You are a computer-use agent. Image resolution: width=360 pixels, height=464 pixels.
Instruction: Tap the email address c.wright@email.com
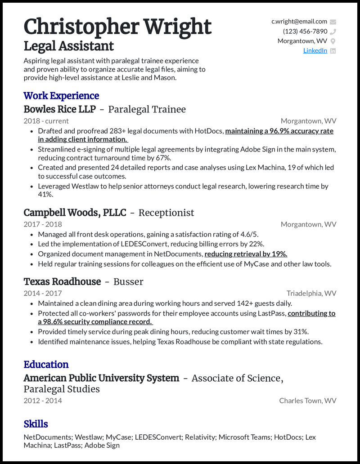(299, 22)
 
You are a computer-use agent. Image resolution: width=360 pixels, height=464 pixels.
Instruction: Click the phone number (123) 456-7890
(305, 31)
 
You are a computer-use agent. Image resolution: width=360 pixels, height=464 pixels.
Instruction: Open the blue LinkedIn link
(315, 51)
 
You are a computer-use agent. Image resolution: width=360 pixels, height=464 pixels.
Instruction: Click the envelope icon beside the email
(333, 22)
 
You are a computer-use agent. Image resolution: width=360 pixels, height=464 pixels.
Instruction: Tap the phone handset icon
(333, 31)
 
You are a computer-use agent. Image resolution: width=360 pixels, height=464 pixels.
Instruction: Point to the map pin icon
(333, 41)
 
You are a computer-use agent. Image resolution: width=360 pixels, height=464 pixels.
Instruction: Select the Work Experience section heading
(61, 96)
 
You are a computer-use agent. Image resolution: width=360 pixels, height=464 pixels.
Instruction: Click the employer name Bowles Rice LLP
(59, 109)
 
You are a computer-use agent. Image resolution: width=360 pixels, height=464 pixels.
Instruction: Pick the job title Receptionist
(166, 213)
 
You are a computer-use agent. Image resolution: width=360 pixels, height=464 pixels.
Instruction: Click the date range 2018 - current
(46, 121)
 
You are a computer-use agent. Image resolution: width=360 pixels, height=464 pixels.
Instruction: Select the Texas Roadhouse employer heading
(62, 282)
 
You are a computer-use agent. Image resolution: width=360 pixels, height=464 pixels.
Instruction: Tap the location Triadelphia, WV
(311, 294)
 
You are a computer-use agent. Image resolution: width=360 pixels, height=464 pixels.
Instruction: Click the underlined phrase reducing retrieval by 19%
(246, 254)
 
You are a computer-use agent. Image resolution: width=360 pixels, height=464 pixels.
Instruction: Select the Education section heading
(46, 365)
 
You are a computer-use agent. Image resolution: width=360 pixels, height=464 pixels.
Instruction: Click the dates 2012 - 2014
(43, 401)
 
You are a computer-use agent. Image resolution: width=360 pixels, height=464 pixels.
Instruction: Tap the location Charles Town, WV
(307, 401)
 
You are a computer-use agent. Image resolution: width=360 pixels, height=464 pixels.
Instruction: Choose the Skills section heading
(36, 424)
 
